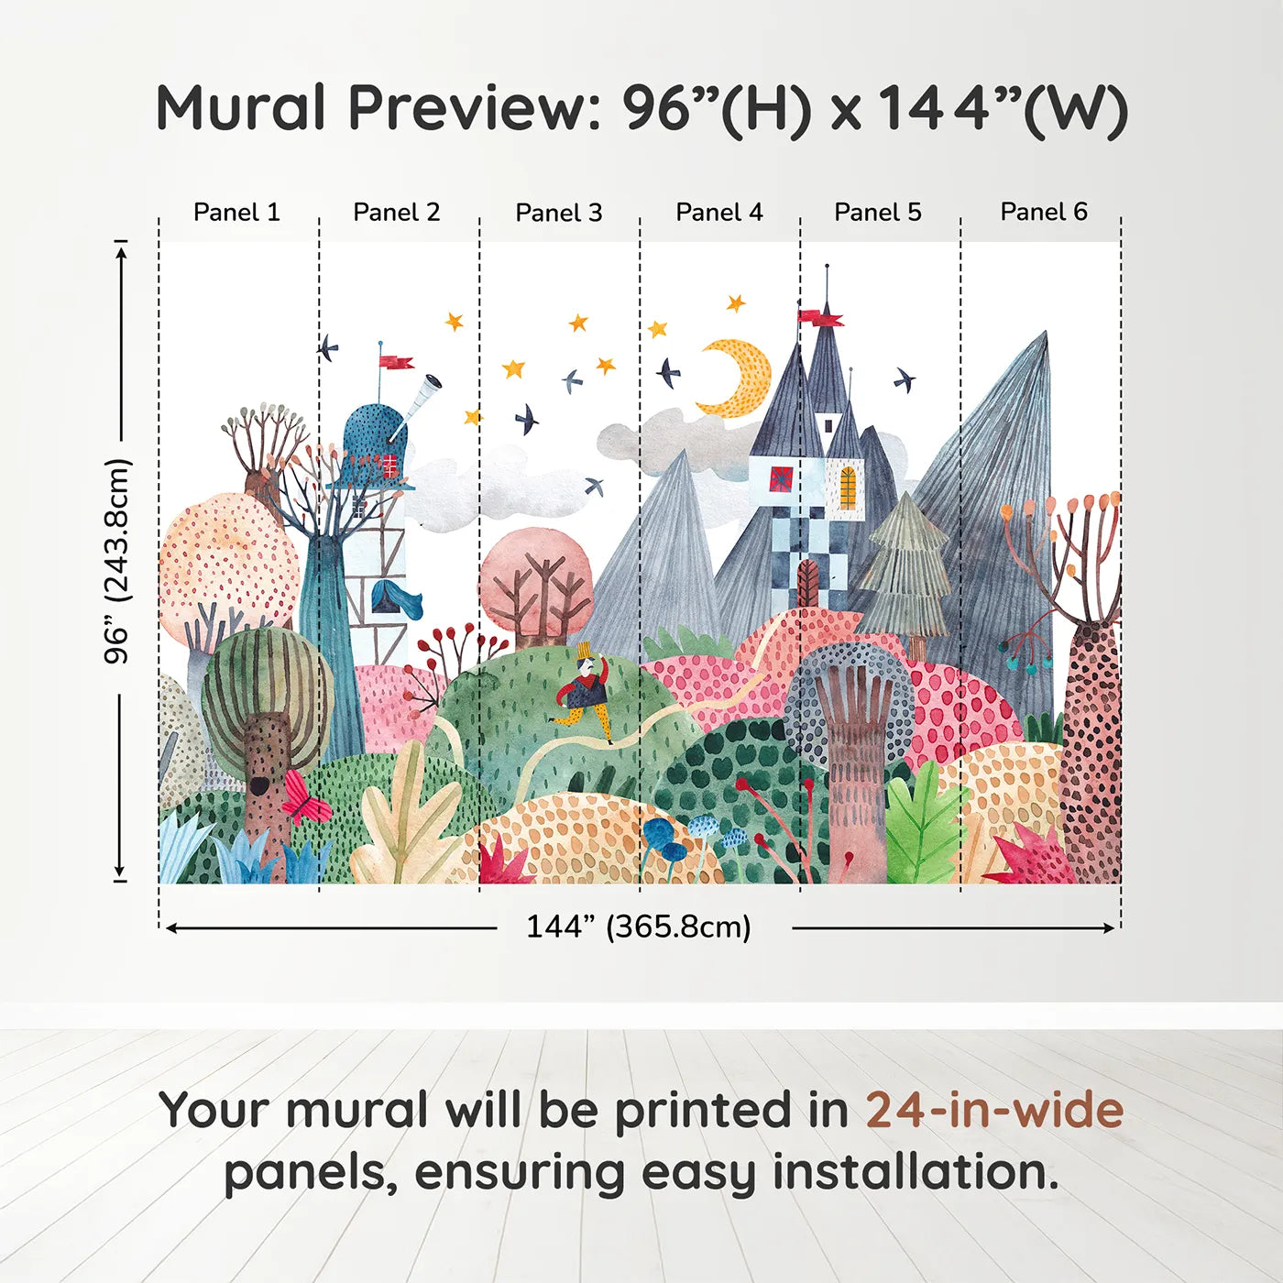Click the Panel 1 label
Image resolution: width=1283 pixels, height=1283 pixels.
pyautogui.click(x=236, y=213)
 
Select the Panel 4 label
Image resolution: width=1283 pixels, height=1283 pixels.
pyautogui.click(x=718, y=213)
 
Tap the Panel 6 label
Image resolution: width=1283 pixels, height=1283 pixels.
pyautogui.click(x=1043, y=213)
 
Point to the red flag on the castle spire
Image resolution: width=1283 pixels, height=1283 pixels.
pyautogui.click(x=820, y=318)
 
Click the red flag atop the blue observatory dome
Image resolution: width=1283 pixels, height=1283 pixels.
pyautogui.click(x=397, y=362)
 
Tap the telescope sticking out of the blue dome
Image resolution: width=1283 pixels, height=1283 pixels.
pyautogui.click(x=422, y=397)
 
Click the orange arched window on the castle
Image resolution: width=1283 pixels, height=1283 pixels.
pyautogui.click(x=848, y=488)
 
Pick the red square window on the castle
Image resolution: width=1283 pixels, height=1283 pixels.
pyautogui.click(x=782, y=479)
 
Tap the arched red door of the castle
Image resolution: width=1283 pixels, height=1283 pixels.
pyautogui.click(x=807, y=584)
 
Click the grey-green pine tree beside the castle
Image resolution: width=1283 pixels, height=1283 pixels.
pyautogui.click(x=906, y=568)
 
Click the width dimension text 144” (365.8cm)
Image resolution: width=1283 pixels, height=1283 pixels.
pyautogui.click(x=638, y=927)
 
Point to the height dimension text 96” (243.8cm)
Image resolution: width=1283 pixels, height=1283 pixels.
pyautogui.click(x=117, y=561)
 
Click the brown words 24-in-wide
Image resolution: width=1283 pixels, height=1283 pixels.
pyautogui.click(x=994, y=1111)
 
